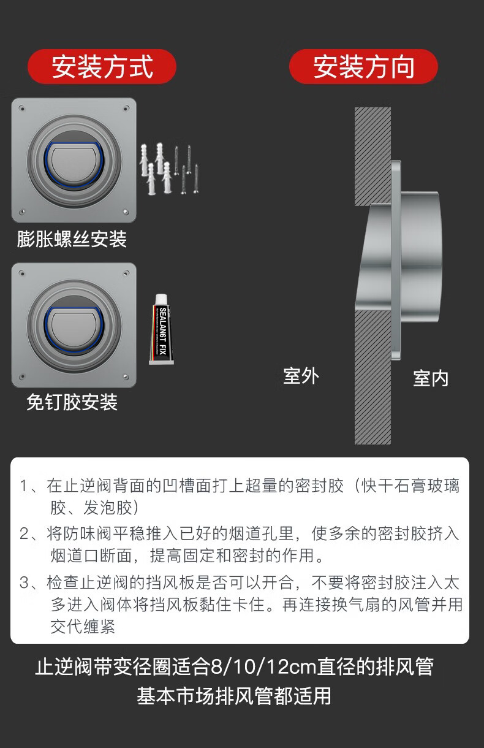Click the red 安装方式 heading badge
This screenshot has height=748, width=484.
(x=102, y=66)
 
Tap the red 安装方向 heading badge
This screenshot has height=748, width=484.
(x=363, y=66)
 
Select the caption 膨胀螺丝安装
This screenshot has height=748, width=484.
(x=72, y=239)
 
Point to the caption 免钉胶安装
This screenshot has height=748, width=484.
(x=72, y=402)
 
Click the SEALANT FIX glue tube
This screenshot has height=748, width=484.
(x=162, y=329)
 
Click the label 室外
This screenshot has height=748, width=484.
(x=301, y=376)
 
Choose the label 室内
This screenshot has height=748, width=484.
(x=431, y=378)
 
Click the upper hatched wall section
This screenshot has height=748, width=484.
(x=372, y=156)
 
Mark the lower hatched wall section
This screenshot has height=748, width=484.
(x=372, y=377)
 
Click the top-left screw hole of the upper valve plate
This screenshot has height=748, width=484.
(x=21, y=109)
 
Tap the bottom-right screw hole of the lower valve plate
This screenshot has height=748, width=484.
(x=126, y=377)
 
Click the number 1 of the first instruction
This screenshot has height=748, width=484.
(x=23, y=486)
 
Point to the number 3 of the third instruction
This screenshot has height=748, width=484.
(x=24, y=582)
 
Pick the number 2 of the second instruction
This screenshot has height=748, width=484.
(x=24, y=533)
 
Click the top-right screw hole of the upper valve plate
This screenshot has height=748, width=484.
(x=126, y=108)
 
